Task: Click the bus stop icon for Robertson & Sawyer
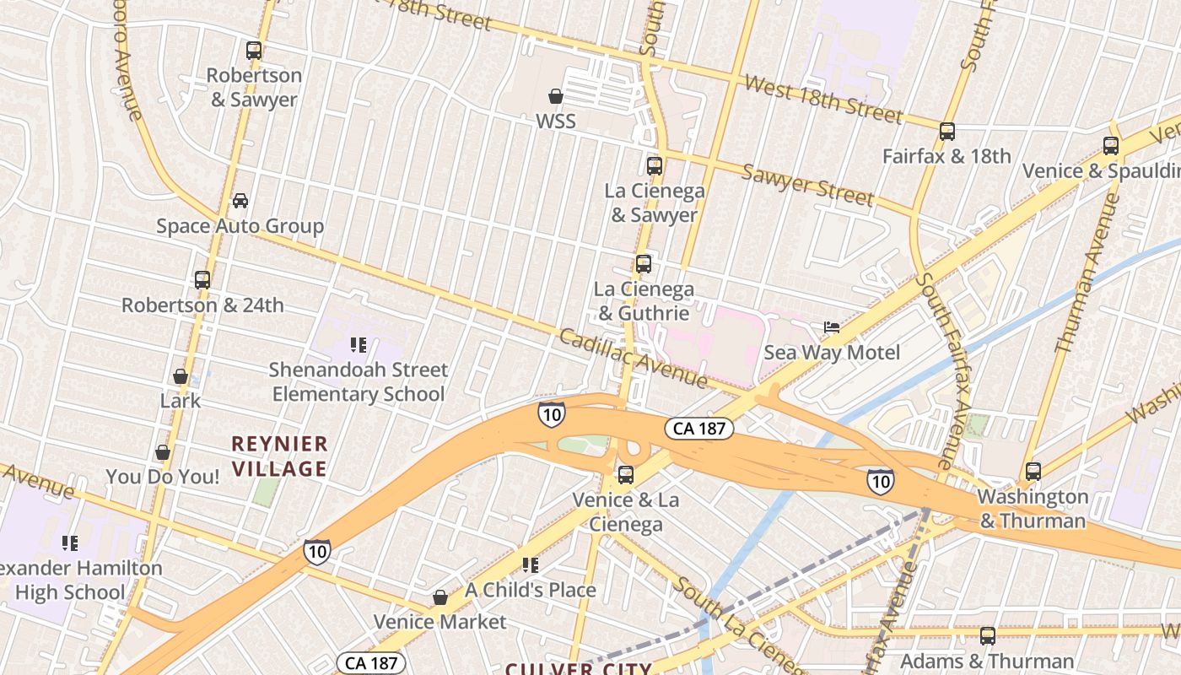pos(254,51)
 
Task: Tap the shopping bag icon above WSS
pos(556,96)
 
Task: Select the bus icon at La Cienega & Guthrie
pos(644,264)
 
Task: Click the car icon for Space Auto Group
pos(240,201)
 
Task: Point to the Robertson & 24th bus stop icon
pos(202,280)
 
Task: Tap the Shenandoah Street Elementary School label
pos(359,382)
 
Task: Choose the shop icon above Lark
pos(181,376)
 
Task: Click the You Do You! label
pos(163,477)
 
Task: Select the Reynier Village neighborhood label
pos(279,456)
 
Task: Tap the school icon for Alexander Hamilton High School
pos(70,543)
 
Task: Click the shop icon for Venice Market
pos(440,597)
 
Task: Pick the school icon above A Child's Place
pos(530,565)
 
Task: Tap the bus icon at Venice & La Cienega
pos(626,475)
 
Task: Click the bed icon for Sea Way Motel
pos(832,327)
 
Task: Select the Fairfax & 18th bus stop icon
pos(947,132)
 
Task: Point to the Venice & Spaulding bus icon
pos(1111,146)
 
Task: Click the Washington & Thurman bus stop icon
pos(1033,472)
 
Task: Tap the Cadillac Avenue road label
pos(633,359)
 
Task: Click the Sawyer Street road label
pos(807,185)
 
